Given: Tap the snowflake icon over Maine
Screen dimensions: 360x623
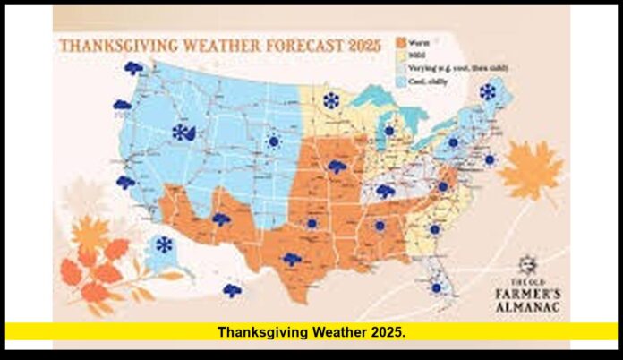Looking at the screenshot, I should [488, 91].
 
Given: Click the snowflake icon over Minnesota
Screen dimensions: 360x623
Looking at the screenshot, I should [331, 100].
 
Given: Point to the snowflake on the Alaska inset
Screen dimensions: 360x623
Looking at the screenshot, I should [164, 244].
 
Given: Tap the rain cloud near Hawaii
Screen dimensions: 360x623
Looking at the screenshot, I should [232, 290].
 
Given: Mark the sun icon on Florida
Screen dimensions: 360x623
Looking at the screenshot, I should [436, 287].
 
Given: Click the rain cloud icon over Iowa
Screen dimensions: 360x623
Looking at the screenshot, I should [337, 167].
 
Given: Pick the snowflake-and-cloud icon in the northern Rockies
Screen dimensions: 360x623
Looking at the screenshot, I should [183, 133].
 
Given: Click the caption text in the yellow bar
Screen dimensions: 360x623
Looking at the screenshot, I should [311, 332].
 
